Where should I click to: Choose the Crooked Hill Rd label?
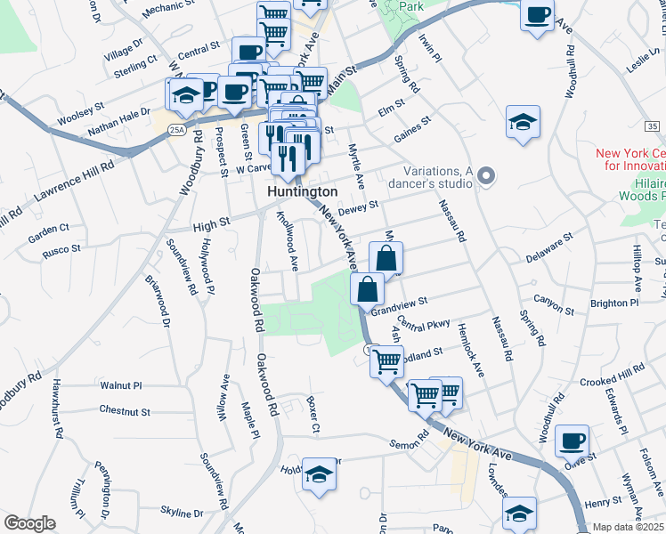(612, 375)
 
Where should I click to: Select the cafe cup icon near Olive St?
(572, 441)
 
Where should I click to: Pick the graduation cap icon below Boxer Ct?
(319, 474)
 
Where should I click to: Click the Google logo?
(29, 523)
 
